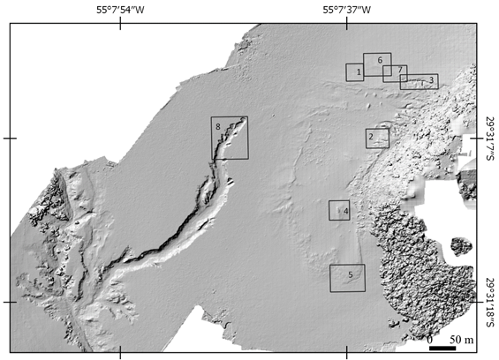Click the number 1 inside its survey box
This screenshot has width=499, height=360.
click(x=359, y=71)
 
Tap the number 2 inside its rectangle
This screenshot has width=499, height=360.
click(x=372, y=137)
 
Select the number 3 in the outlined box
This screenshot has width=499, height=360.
click(x=430, y=80)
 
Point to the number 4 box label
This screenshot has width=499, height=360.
click(x=346, y=212)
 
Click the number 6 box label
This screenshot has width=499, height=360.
click(x=380, y=60)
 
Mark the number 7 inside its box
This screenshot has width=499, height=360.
click(x=399, y=70)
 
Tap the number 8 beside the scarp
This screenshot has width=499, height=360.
click(x=217, y=128)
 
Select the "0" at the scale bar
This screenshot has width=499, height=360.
click(x=429, y=339)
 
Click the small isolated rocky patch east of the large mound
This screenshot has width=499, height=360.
click(x=460, y=244)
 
